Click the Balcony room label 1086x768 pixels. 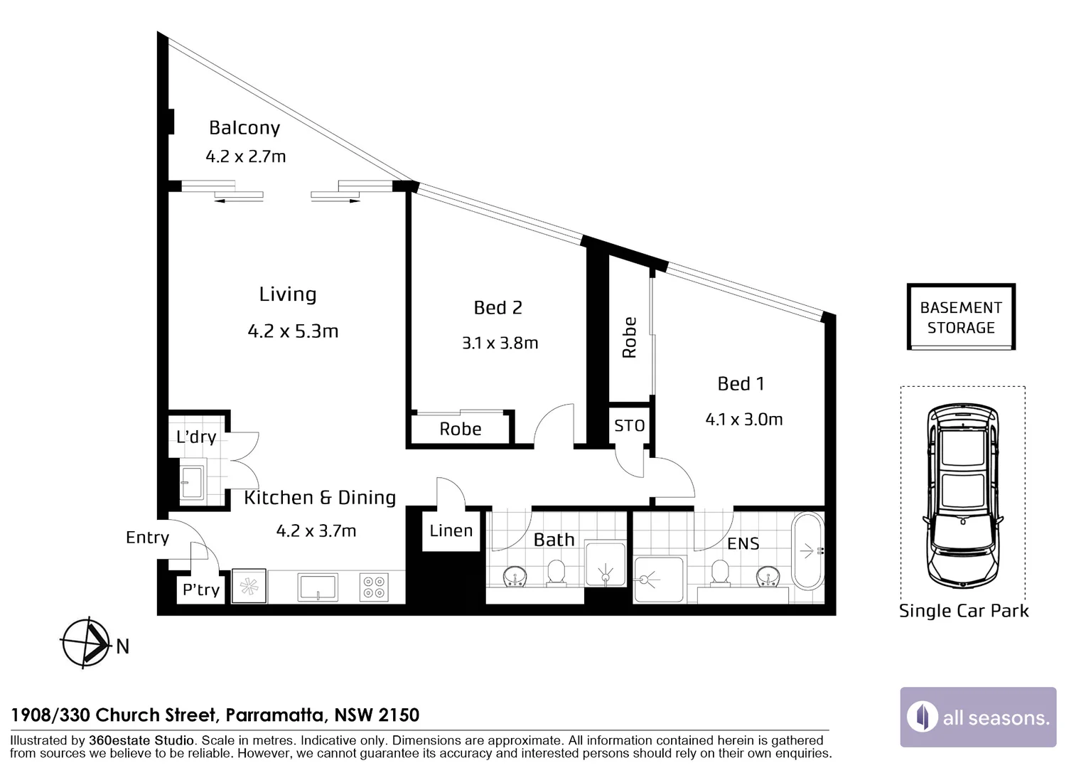244,127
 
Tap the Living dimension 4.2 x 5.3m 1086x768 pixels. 293,331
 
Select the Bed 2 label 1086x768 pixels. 498,308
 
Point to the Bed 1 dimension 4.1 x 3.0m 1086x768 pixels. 743,419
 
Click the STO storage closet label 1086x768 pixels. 629,425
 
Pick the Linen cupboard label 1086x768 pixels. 451,530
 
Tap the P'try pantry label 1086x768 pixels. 201,590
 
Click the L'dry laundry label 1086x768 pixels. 196,437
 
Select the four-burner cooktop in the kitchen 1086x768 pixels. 374,587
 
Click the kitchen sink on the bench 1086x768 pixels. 317,587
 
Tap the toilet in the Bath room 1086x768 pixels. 556,573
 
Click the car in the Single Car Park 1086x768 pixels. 962,496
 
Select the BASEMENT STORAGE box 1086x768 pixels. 961,317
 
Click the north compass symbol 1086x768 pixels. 86,644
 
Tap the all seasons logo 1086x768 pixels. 978,717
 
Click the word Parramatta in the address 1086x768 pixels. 275,715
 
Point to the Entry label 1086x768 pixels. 147,538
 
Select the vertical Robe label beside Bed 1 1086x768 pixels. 629,338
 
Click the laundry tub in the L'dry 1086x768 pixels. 193,482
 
